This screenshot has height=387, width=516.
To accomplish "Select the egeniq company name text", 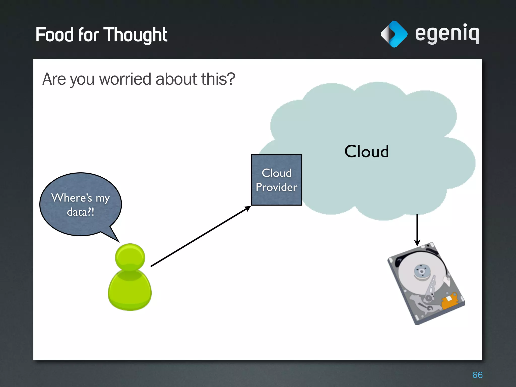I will [447, 34].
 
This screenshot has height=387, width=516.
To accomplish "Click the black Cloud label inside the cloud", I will [366, 151].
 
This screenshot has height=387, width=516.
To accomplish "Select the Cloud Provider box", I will [276, 180].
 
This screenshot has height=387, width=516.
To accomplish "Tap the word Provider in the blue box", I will [276, 187].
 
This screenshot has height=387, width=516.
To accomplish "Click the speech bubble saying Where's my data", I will [81, 204].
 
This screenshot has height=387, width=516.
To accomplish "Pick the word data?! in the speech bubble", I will [81, 212].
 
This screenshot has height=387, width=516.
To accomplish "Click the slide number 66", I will [477, 375].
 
